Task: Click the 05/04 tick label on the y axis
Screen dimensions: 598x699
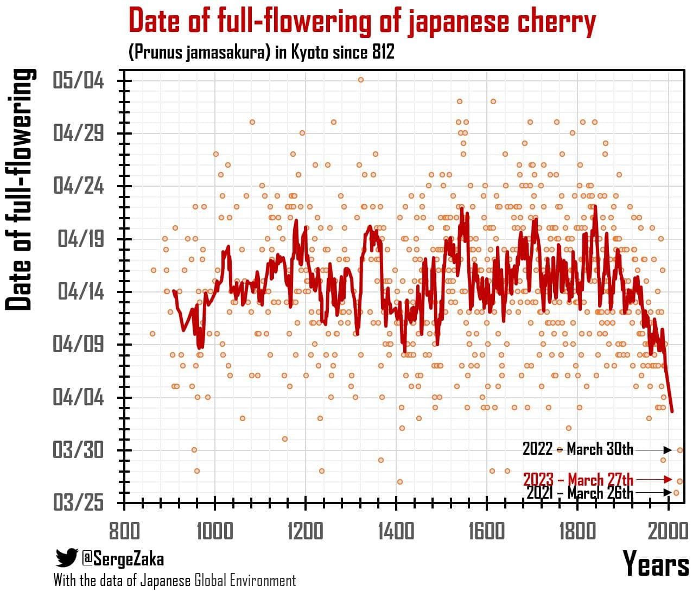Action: [x=79, y=81]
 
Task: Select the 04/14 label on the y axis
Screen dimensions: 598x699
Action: [x=81, y=292]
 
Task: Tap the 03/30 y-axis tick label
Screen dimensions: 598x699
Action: [x=79, y=450]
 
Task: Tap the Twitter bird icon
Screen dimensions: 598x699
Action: [x=67, y=558]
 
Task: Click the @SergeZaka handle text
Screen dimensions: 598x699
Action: [x=123, y=558]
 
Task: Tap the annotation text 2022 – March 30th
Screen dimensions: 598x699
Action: [x=577, y=449]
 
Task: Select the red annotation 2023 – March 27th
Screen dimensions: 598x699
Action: [x=578, y=480]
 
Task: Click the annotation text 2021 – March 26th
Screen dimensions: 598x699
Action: [x=580, y=493]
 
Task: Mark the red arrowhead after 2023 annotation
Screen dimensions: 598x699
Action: [x=668, y=480]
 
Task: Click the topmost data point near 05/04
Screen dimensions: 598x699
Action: [x=360, y=80]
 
